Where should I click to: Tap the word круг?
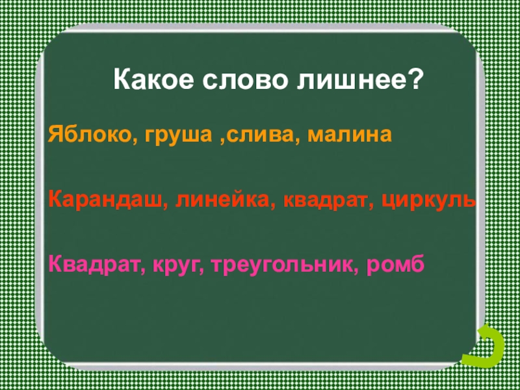coord(176,266)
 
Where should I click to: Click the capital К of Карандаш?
coord(54,201)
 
